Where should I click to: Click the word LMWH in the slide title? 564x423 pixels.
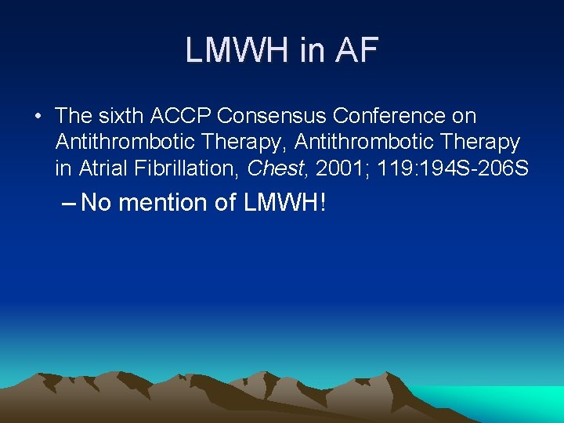(x=237, y=51)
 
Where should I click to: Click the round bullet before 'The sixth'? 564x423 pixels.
(x=38, y=117)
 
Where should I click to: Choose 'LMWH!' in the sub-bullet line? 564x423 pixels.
(x=284, y=203)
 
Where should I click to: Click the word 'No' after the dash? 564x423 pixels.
(x=97, y=203)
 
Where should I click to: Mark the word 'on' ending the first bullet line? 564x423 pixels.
(x=465, y=117)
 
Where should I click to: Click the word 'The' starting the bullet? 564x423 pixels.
(x=74, y=117)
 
